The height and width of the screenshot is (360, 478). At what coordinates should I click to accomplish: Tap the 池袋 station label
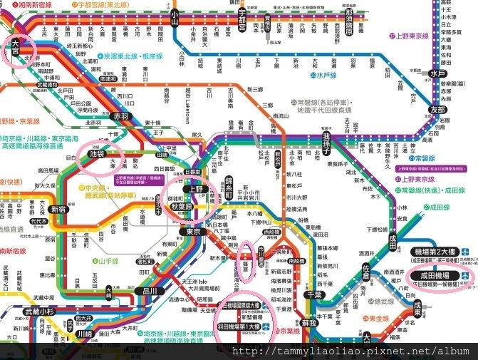click(x=96, y=153)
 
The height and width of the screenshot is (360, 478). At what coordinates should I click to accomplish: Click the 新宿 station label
click(x=58, y=210)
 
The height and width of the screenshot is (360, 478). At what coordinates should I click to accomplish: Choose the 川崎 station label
click(x=84, y=334)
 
